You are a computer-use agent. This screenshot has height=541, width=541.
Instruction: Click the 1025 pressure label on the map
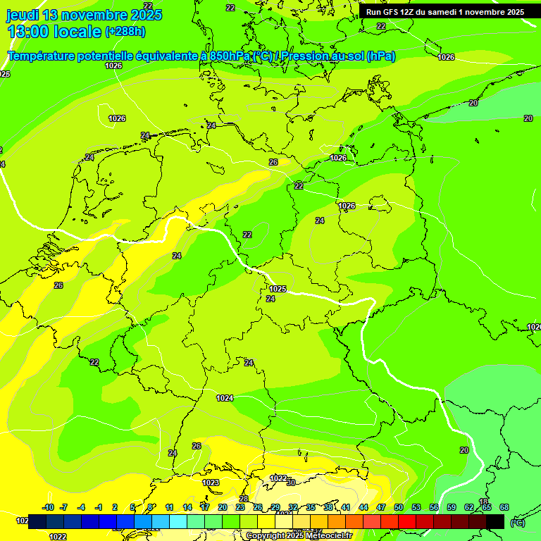click(278, 289)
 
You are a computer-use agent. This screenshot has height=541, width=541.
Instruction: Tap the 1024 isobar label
click(225, 398)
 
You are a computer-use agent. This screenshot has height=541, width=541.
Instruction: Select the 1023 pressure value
click(211, 483)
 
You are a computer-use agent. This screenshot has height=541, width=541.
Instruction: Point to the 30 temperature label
click(290, 483)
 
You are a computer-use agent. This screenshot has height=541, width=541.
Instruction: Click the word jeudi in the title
click(23, 15)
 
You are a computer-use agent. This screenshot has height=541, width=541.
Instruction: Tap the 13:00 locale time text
click(54, 31)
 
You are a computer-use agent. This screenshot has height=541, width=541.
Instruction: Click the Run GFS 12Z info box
click(444, 12)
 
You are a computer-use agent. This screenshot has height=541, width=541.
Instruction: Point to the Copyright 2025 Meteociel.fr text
click(298, 536)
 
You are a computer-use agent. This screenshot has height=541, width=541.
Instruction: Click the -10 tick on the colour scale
click(48, 507)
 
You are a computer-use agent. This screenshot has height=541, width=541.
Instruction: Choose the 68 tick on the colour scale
click(504, 507)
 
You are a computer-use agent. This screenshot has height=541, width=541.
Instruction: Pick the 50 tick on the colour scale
click(399, 507)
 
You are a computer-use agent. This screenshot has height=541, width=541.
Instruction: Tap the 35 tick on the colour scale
click(311, 507)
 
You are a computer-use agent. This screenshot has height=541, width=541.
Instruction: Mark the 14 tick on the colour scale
click(187, 507)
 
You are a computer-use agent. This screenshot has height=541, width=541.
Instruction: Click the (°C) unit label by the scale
click(517, 522)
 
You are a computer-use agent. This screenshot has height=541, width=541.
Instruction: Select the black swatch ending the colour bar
click(495, 521)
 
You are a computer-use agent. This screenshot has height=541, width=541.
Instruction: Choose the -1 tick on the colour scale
click(99, 507)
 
